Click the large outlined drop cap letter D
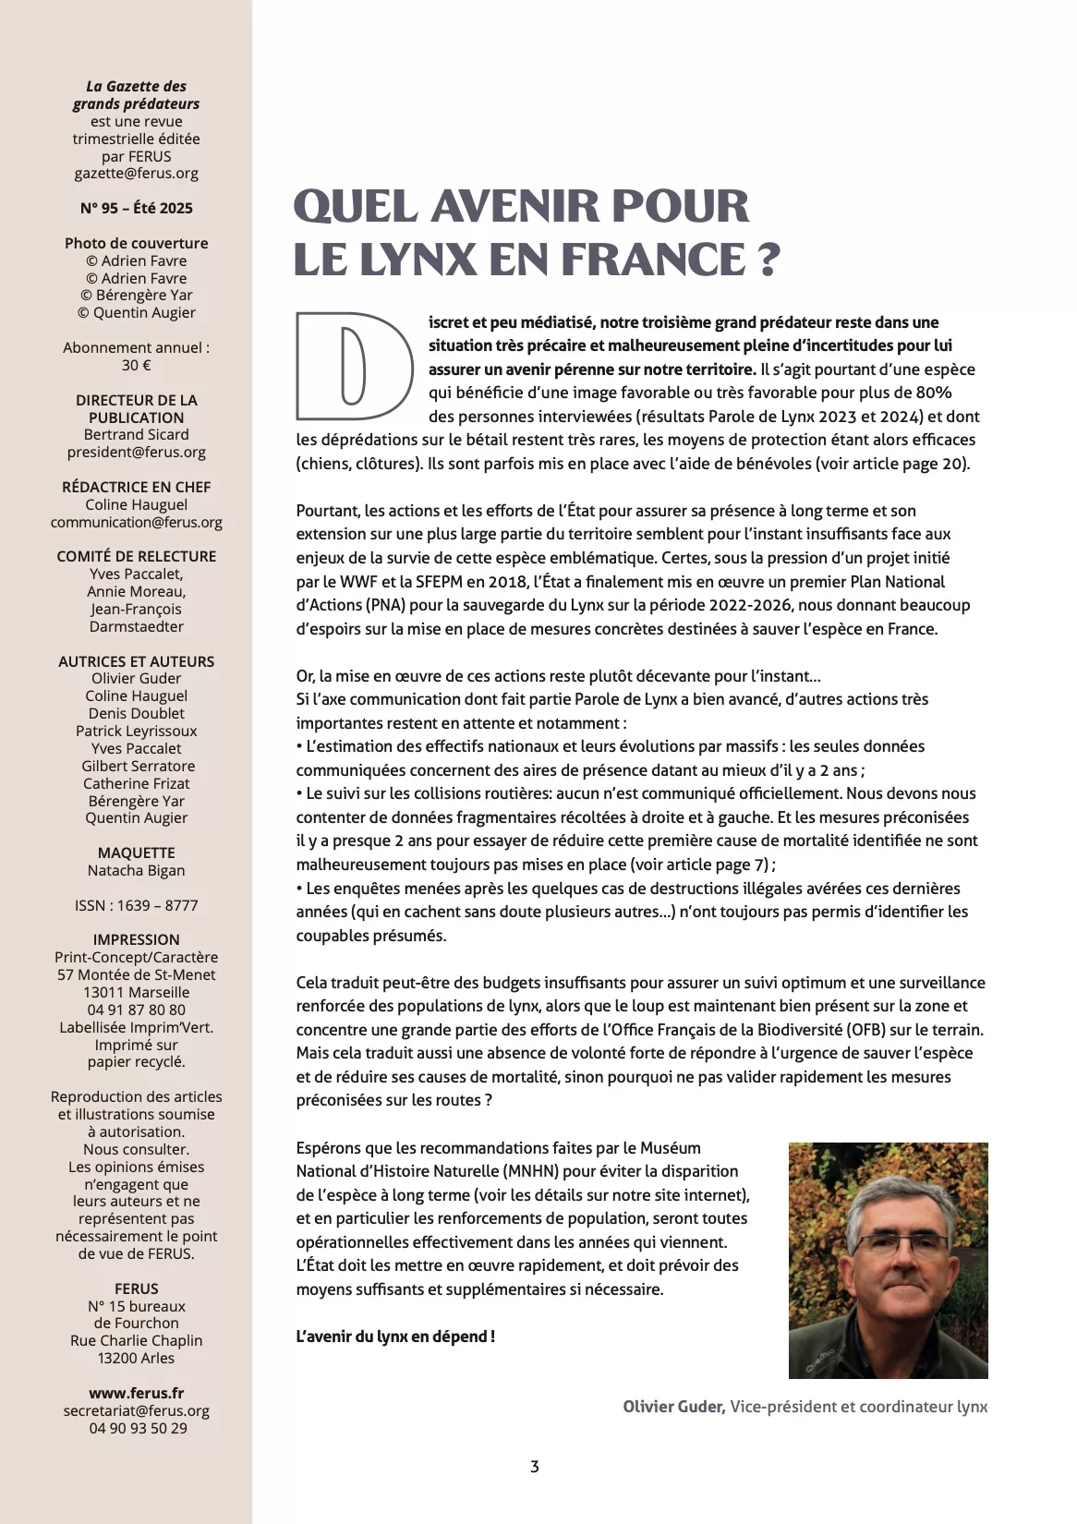(x=354, y=366)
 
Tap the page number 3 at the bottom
(x=535, y=1466)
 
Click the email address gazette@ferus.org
(x=137, y=174)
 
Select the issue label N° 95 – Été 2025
(x=137, y=209)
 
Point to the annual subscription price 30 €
(x=137, y=366)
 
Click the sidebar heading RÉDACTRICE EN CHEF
(x=137, y=487)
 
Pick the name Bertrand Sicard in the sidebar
(x=137, y=435)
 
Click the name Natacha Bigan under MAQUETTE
(x=137, y=871)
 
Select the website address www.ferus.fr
(x=137, y=1394)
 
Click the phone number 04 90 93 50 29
(x=137, y=1429)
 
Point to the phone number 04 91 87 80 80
(x=137, y=1010)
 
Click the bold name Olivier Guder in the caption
(x=673, y=1408)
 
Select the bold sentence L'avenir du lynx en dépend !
(x=395, y=1337)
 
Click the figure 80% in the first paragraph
(x=933, y=393)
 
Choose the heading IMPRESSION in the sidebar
(x=137, y=940)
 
